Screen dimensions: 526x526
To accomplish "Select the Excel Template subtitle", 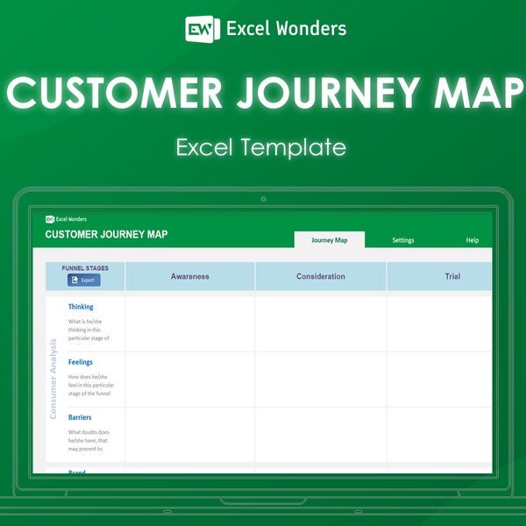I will click(261, 147).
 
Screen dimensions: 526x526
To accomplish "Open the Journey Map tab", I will click(329, 240).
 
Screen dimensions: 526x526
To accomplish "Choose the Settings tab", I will click(403, 240).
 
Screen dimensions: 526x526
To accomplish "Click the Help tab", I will click(473, 240).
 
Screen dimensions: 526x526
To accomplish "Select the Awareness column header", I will click(190, 276).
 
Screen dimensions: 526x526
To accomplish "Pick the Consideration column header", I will click(321, 276).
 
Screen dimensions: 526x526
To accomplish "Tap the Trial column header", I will click(452, 276).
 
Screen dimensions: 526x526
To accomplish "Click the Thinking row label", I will click(81, 307).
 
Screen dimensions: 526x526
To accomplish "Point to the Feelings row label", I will click(81, 362).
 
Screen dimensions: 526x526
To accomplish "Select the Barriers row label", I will click(80, 417).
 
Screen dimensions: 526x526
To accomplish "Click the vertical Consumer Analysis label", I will click(53, 379).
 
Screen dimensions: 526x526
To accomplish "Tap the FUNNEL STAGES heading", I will click(84, 267).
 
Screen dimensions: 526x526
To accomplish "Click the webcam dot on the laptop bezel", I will click(263, 199).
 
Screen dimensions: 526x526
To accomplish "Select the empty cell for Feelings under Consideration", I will click(321, 379).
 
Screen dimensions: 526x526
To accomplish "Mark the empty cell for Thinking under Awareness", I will click(190, 323).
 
